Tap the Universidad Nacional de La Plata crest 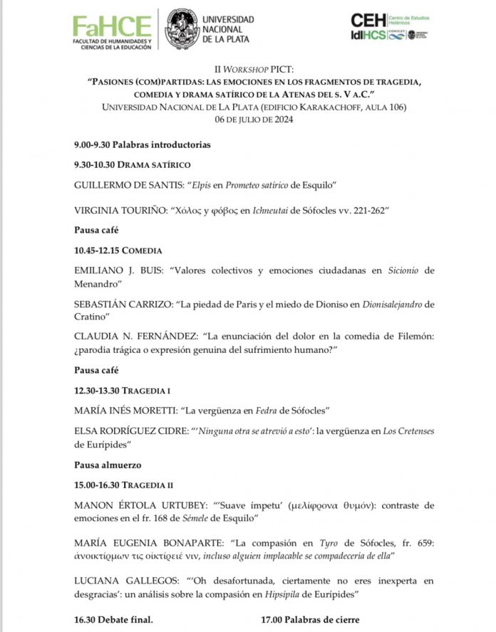(x=182, y=28)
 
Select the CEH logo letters (x=368, y=20)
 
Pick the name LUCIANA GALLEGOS (x=123, y=580)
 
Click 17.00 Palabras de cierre (x=310, y=620)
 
